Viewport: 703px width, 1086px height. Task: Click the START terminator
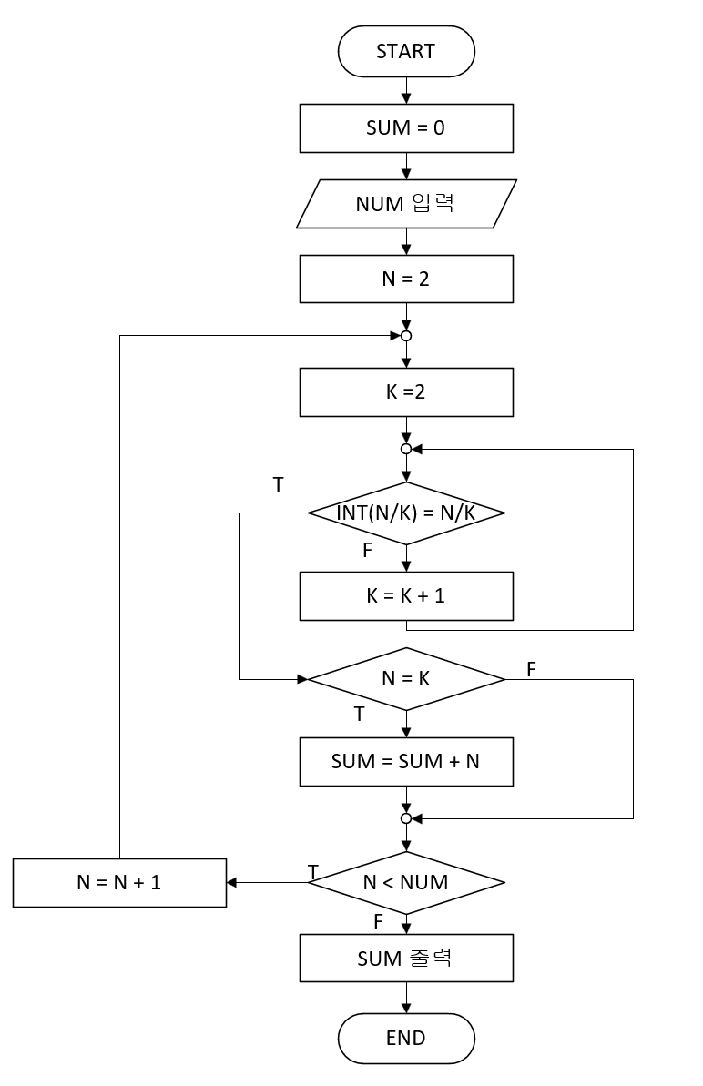(x=406, y=51)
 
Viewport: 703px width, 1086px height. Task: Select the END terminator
(x=406, y=1038)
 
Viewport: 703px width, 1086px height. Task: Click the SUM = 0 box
(x=406, y=128)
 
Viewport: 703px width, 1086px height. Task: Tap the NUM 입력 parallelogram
(x=406, y=203)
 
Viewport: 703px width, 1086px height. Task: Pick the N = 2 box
(x=406, y=279)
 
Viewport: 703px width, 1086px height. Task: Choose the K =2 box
(x=406, y=393)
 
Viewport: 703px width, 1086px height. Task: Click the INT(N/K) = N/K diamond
(x=406, y=513)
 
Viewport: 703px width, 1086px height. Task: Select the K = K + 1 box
(x=406, y=597)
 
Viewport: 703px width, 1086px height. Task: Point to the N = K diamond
(x=406, y=679)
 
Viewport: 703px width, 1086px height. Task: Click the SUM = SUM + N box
(x=406, y=761)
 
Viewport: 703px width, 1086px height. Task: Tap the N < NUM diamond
(x=406, y=882)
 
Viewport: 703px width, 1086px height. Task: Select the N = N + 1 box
(x=119, y=882)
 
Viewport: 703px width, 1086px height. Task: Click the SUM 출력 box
(x=406, y=958)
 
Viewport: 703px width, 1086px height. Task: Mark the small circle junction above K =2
(x=406, y=336)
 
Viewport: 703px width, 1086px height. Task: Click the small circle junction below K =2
(x=406, y=449)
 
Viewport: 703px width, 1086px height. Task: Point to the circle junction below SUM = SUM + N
(x=406, y=818)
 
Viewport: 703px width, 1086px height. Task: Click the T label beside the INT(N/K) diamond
(x=278, y=484)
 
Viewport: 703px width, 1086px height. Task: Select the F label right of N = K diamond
(x=531, y=669)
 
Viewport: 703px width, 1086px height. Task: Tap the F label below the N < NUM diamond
(x=378, y=921)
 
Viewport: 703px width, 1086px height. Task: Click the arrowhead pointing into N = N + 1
(x=232, y=882)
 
